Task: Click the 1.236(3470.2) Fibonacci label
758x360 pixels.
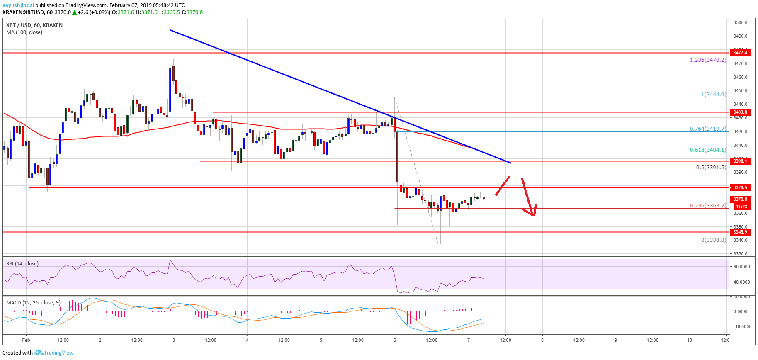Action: click(708, 60)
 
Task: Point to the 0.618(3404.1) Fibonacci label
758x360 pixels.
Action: click(708, 150)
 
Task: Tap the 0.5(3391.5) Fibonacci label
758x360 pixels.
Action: click(711, 168)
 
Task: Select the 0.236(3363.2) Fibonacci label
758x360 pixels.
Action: click(708, 206)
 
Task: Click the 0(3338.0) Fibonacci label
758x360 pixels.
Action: click(713, 240)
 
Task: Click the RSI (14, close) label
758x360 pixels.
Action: click(22, 264)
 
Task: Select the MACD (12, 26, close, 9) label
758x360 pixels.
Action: click(33, 303)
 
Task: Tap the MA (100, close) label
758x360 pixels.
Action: click(24, 32)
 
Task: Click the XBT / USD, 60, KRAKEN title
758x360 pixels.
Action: click(34, 25)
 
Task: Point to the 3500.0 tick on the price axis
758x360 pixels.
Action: click(740, 22)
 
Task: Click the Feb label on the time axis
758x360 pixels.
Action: click(26, 340)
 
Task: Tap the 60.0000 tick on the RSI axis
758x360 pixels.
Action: click(741, 267)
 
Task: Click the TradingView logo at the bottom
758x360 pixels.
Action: click(54, 353)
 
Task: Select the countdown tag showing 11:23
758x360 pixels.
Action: click(741, 207)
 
